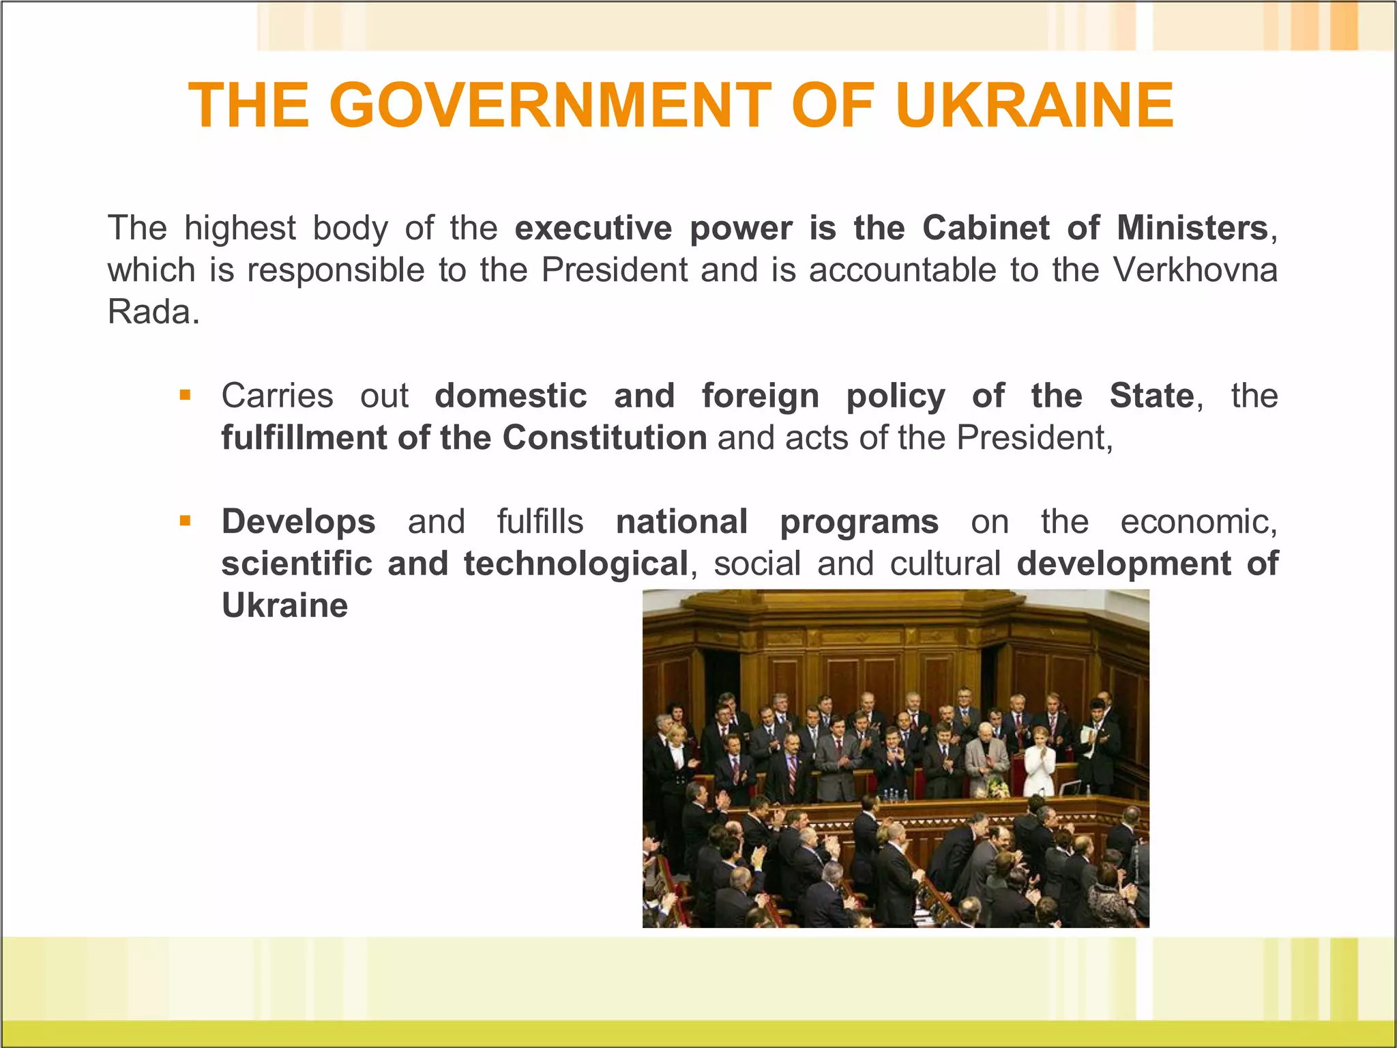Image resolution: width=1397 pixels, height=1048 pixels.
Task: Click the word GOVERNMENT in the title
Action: tap(550, 105)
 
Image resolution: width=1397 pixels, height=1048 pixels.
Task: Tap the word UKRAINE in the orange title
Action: tap(1035, 105)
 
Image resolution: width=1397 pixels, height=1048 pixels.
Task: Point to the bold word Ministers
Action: tap(1192, 228)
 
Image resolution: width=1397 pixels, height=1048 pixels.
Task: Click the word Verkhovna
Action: tap(1195, 270)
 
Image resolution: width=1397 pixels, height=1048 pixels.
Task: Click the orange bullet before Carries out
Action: tap(185, 395)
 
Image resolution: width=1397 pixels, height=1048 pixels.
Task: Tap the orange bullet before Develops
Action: tap(185, 521)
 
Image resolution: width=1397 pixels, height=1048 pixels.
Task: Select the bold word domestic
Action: tap(511, 396)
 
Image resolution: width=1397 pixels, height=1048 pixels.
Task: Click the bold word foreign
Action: tap(761, 396)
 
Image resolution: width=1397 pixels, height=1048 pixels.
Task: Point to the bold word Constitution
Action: tap(604, 438)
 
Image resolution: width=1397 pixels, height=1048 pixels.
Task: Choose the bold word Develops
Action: tap(298, 522)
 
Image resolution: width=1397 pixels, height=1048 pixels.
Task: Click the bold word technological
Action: tap(576, 564)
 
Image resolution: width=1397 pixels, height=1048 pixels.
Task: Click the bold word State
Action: tap(1151, 396)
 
